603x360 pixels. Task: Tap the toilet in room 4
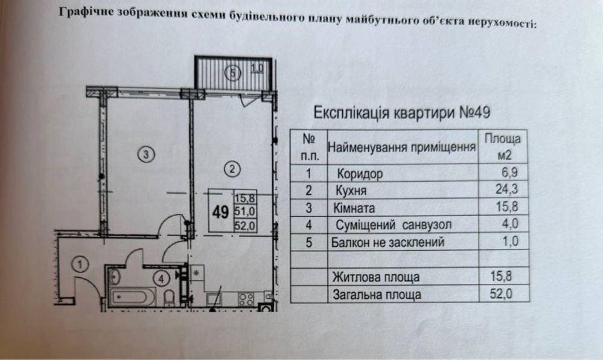[171, 297]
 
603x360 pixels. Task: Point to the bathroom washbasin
[116, 278]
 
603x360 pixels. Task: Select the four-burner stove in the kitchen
[245, 298]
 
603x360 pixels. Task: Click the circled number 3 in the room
[144, 154]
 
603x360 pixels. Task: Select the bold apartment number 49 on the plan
[220, 211]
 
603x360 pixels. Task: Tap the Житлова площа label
[375, 277]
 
